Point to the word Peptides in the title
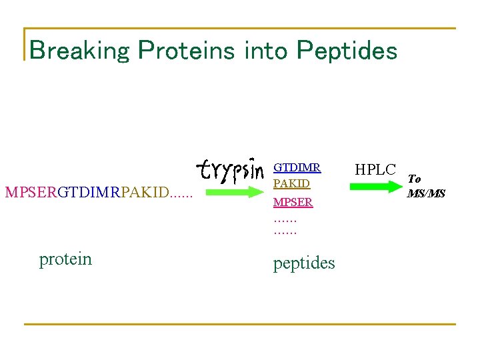tap(347, 51)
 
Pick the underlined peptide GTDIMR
tap(297, 168)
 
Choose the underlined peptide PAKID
tap(291, 183)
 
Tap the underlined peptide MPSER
tap(293, 202)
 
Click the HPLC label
tap(375, 170)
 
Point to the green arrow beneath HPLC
tap(375, 187)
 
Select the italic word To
tap(414, 179)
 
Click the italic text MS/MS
tap(426, 193)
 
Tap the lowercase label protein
tap(65, 259)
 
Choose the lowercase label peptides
tap(304, 263)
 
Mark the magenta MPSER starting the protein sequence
tap(31, 193)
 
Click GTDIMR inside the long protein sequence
tap(89, 193)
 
